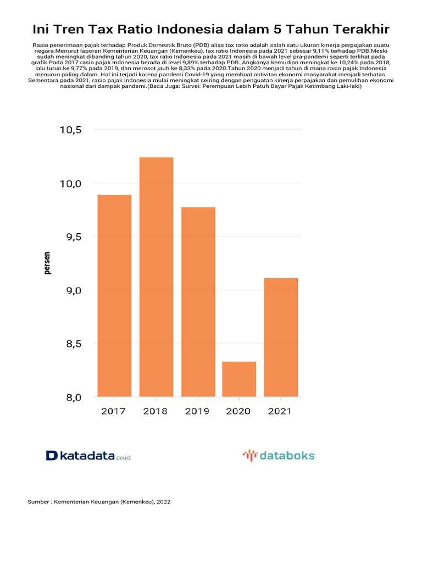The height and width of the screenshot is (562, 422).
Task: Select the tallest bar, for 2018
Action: (x=156, y=277)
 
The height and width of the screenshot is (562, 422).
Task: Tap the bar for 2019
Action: (x=198, y=302)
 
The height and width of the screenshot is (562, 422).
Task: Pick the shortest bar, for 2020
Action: (x=239, y=379)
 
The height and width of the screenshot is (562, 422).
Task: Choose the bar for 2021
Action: (x=281, y=337)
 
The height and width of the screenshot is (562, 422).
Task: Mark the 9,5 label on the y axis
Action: (x=70, y=237)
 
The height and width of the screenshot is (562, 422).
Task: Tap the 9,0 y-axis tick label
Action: (x=70, y=290)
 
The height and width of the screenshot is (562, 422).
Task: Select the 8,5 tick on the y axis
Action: (x=70, y=344)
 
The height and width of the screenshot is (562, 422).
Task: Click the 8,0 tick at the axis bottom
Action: (x=70, y=397)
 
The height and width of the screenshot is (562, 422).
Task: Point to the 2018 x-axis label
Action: (x=156, y=411)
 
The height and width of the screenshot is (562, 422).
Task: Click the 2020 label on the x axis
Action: (x=239, y=411)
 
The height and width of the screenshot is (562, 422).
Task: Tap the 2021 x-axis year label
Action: (x=281, y=411)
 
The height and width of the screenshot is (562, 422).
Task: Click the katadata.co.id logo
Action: (x=88, y=456)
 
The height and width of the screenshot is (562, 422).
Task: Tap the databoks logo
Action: (x=279, y=456)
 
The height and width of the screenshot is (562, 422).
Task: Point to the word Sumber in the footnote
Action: (x=37, y=502)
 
